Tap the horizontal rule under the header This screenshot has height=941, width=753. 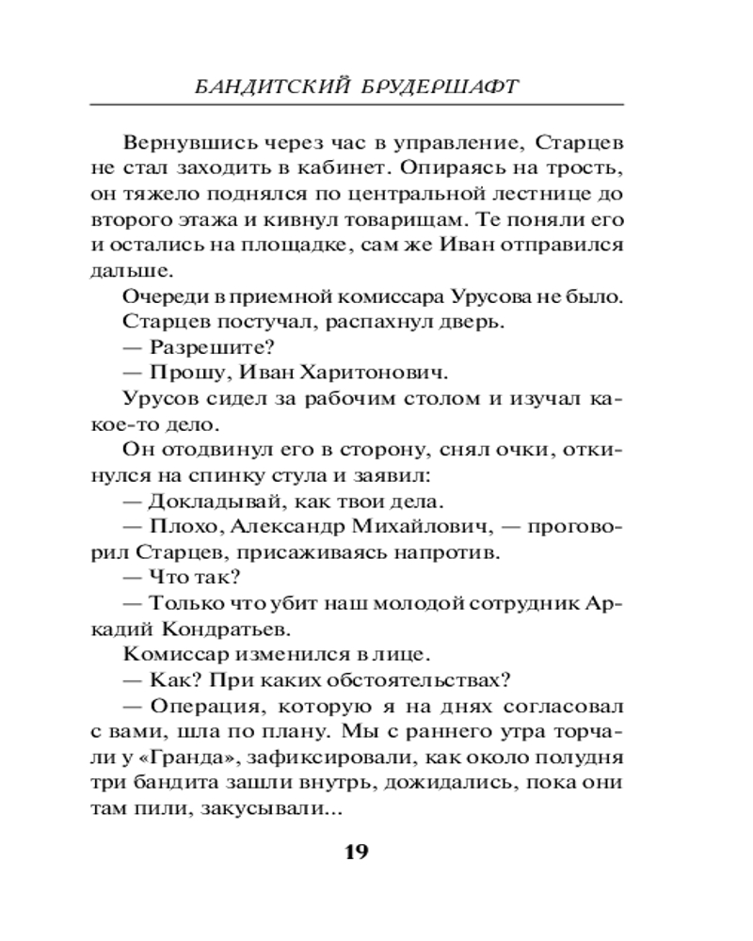pyautogui.click(x=376, y=104)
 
